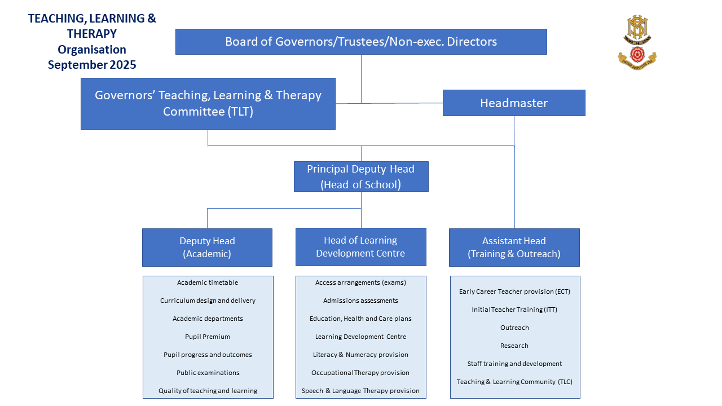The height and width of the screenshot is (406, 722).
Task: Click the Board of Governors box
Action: click(x=361, y=42)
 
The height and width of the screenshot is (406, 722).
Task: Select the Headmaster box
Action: click(x=514, y=103)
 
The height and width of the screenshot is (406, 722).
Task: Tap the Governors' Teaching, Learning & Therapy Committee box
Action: click(x=208, y=104)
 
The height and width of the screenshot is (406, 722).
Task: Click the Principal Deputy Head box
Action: click(x=361, y=176)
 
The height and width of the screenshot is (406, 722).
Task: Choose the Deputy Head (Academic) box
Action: click(x=207, y=248)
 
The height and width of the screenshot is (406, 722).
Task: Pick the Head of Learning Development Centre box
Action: click(x=360, y=247)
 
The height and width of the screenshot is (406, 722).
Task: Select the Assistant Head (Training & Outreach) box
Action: click(x=514, y=248)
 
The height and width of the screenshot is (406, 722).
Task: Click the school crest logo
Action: click(x=637, y=42)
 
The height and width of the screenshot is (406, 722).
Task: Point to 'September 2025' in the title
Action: click(x=92, y=65)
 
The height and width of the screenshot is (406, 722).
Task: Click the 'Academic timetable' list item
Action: click(x=208, y=283)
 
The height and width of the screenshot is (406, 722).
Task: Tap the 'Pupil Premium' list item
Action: click(x=208, y=337)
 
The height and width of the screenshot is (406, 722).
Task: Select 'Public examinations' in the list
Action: click(x=208, y=373)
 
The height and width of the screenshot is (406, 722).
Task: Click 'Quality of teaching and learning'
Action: click(x=208, y=391)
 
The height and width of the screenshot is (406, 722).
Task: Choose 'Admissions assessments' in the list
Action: click(x=360, y=301)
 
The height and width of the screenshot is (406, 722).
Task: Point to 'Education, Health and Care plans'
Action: click(x=360, y=319)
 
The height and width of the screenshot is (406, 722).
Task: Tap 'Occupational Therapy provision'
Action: click(x=360, y=373)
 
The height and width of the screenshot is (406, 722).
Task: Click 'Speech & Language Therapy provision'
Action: click(x=360, y=391)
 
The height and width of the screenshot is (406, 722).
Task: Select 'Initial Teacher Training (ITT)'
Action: click(x=514, y=310)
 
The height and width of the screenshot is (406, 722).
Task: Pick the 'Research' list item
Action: click(x=514, y=346)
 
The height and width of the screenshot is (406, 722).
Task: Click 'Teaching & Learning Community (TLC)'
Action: click(x=514, y=382)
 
